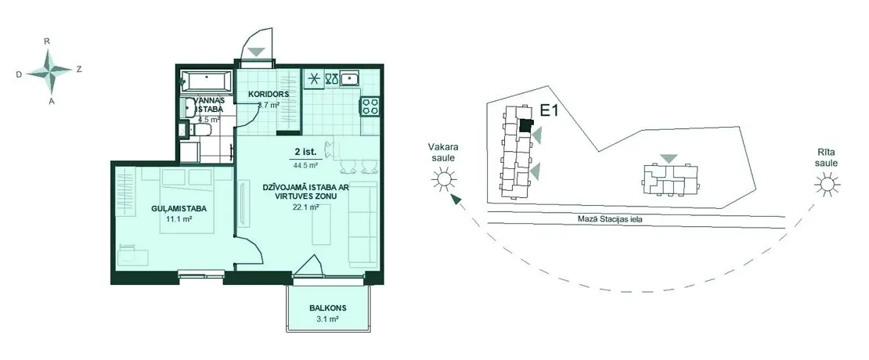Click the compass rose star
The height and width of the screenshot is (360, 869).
[49, 71]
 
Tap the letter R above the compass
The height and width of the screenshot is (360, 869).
[48, 41]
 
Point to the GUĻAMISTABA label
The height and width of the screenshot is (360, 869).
[179, 209]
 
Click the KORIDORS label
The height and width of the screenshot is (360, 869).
[269, 94]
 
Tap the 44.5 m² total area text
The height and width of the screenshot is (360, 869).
[305, 165]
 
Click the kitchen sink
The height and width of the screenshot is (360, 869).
[349, 78]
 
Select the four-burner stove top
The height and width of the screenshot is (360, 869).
[370, 106]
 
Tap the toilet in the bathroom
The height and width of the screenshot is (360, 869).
[199, 131]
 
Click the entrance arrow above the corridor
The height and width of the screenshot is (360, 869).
[257, 52]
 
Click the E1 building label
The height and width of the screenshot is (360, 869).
[549, 111]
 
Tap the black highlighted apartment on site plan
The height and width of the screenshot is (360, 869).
[525, 126]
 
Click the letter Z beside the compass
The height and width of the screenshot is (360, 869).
[79, 69]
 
